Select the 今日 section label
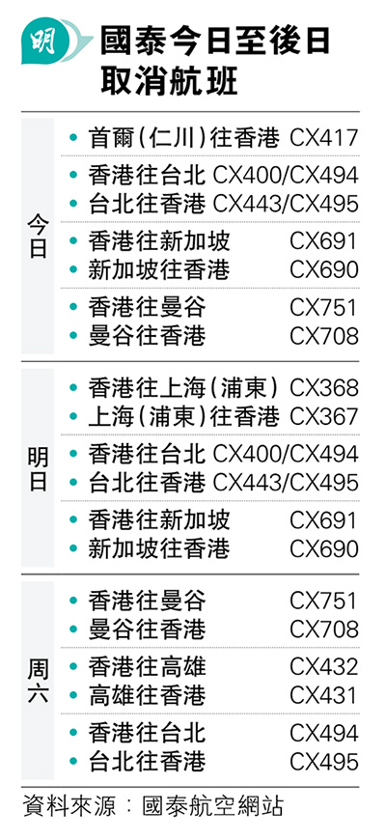38,237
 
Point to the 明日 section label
38,469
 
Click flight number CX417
324,138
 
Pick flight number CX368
324,388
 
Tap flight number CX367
324,417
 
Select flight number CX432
324,666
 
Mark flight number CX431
324,695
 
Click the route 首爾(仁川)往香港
183,138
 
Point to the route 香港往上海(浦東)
183,388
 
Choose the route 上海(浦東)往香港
183,417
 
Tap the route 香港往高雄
148,666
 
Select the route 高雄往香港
148,695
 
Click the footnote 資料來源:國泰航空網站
152,807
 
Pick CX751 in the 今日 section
324,307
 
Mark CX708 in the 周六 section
324,629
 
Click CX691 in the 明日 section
324,520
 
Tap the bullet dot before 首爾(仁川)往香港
74,138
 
